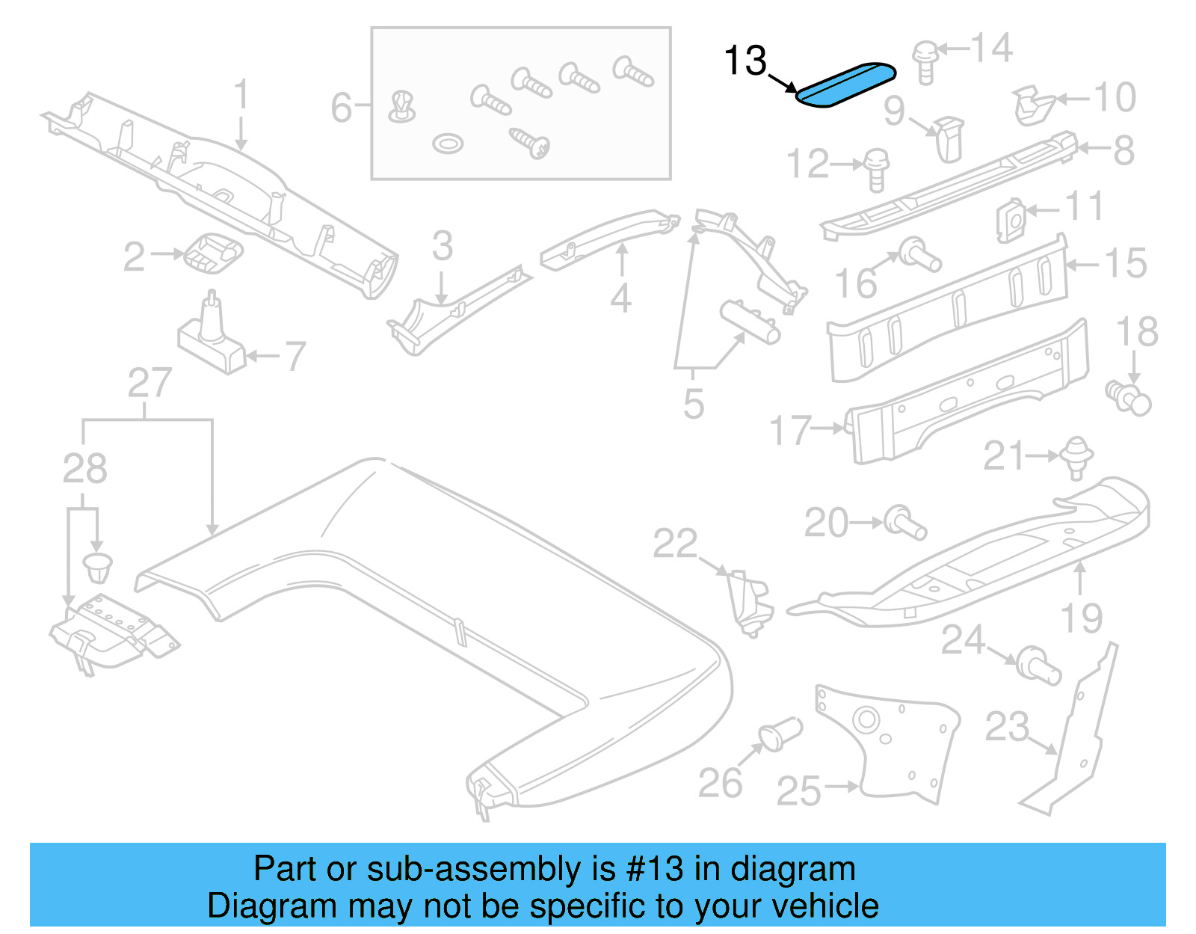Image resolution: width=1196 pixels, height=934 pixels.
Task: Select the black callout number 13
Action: click(x=745, y=61)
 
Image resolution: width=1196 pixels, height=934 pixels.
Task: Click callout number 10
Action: click(x=1114, y=98)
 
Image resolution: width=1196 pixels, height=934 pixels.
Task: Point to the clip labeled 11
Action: click(x=1010, y=220)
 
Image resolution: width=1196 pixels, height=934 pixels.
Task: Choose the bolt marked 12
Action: click(x=876, y=169)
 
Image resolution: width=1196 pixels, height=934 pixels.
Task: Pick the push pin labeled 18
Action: click(x=1129, y=398)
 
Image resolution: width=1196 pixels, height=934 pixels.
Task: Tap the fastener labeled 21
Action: click(x=1075, y=456)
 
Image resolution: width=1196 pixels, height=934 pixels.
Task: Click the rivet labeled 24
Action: click(x=1039, y=666)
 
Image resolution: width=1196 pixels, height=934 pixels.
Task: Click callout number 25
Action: click(x=798, y=791)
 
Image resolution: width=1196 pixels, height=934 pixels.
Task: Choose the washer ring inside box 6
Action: click(x=448, y=143)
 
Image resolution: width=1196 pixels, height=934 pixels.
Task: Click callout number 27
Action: click(x=149, y=384)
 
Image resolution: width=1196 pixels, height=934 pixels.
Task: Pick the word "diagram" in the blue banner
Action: click(x=792, y=869)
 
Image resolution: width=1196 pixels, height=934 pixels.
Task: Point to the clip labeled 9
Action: click(x=949, y=139)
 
